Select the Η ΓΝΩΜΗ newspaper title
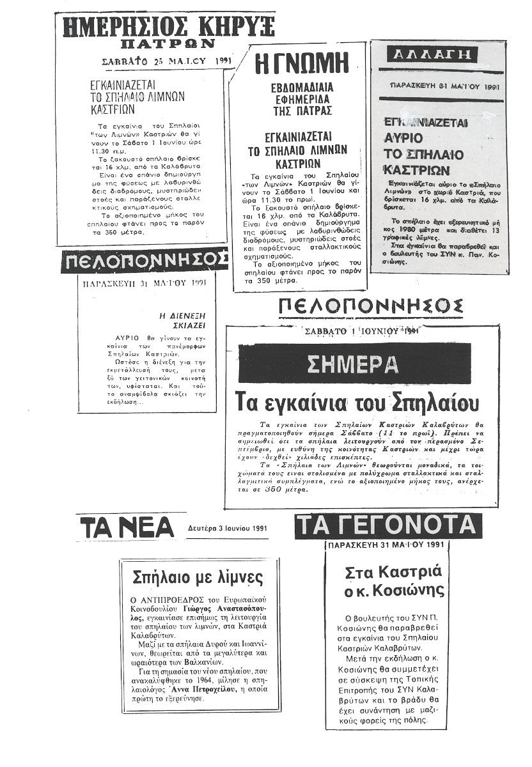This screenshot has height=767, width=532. pyautogui.click(x=301, y=65)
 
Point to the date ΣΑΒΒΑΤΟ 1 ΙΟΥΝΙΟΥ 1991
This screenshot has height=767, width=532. pyautogui.click(x=361, y=331)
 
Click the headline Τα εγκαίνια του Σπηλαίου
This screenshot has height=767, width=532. pyautogui.click(x=357, y=402)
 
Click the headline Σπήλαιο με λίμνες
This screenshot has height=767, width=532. pyautogui.click(x=198, y=578)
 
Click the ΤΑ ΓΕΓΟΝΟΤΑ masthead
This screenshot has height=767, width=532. pyautogui.click(x=388, y=525)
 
